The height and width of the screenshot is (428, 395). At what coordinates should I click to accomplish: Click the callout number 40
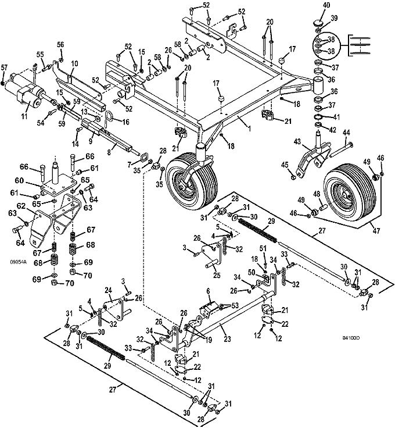click(x=326, y=5)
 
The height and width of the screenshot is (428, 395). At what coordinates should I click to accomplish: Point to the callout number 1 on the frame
click(x=249, y=127)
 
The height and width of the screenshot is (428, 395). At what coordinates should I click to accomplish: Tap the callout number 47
click(x=376, y=231)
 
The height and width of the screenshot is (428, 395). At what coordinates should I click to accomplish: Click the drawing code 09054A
click(x=19, y=262)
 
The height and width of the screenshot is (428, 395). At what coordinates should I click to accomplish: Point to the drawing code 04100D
click(x=351, y=338)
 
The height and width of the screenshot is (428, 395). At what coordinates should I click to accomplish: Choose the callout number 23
click(x=227, y=339)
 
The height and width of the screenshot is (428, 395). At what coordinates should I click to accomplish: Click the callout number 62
click(x=23, y=206)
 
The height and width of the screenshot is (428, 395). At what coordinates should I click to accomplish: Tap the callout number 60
click(x=19, y=181)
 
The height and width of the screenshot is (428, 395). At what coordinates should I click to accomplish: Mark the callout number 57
click(x=5, y=67)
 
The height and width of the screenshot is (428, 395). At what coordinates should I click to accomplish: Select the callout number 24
click(x=109, y=290)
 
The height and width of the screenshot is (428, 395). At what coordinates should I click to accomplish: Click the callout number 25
click(x=217, y=275)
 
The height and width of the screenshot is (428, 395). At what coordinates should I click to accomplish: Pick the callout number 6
click(x=209, y=291)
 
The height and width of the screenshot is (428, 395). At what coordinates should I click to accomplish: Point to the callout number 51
click(x=263, y=248)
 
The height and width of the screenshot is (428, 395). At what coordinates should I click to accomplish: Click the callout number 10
click(x=75, y=64)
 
